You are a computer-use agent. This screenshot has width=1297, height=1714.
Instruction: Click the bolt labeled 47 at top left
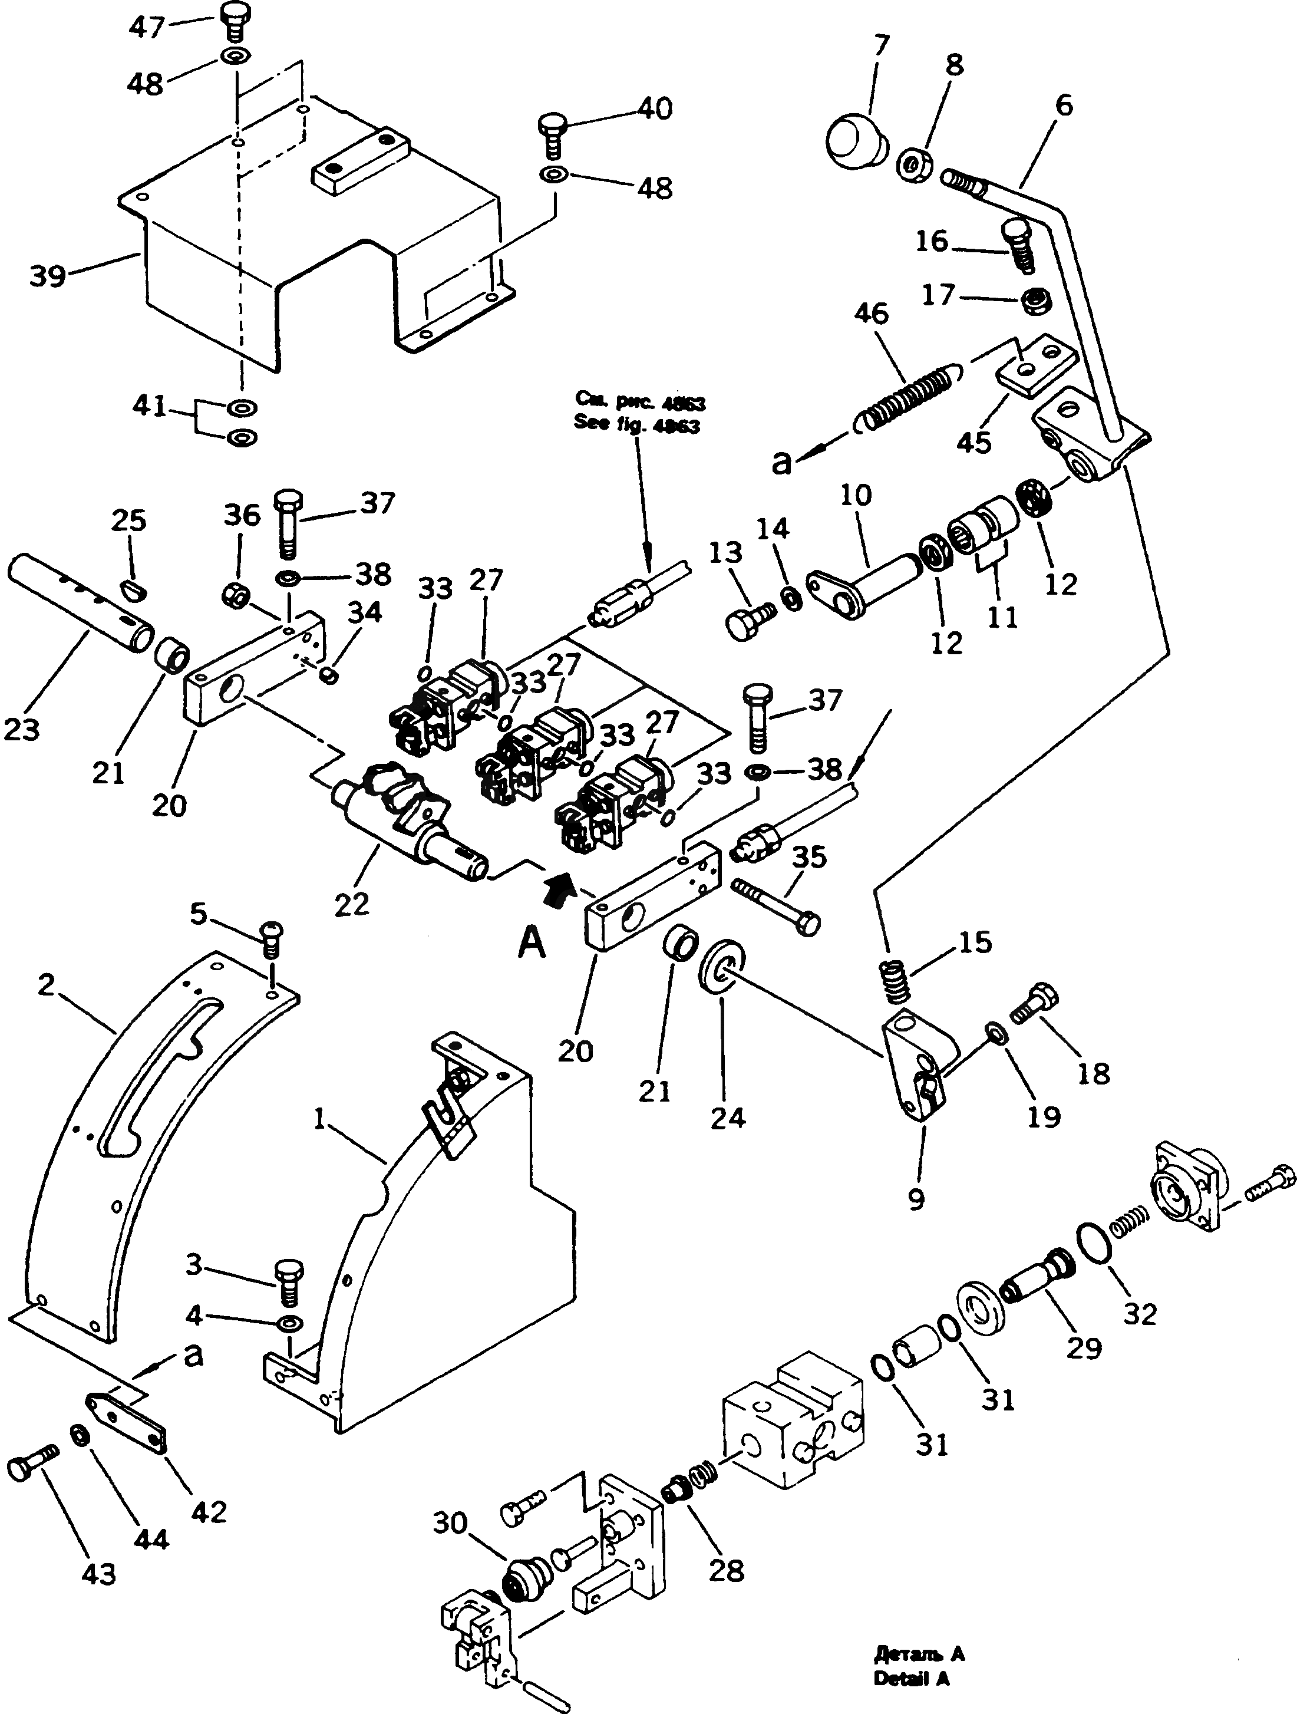coord(232,21)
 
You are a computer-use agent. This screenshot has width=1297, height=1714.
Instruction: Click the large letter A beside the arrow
coord(532,942)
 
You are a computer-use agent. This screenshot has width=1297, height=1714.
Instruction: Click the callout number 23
coord(21,729)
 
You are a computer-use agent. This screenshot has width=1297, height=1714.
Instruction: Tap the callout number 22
coord(352,904)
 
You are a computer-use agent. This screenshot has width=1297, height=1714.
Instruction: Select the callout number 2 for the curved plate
coord(47,985)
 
